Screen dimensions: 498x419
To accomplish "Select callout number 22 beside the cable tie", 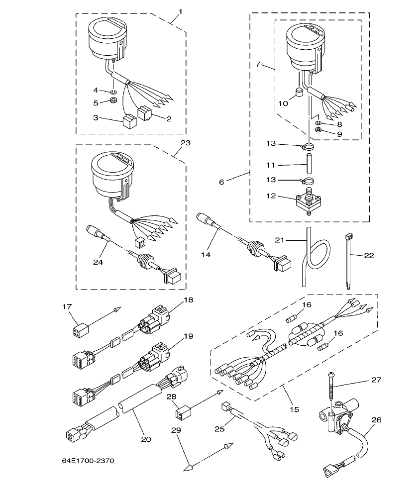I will [369, 255].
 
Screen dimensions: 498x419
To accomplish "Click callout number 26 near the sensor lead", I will [376, 420].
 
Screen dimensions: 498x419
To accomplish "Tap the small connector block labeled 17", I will [79, 330].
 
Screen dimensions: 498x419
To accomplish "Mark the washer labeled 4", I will [113, 91].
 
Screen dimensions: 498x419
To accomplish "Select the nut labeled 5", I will [113, 102].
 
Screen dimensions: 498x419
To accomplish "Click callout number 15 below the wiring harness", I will [294, 409].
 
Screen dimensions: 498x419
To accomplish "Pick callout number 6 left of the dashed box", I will [221, 182].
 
